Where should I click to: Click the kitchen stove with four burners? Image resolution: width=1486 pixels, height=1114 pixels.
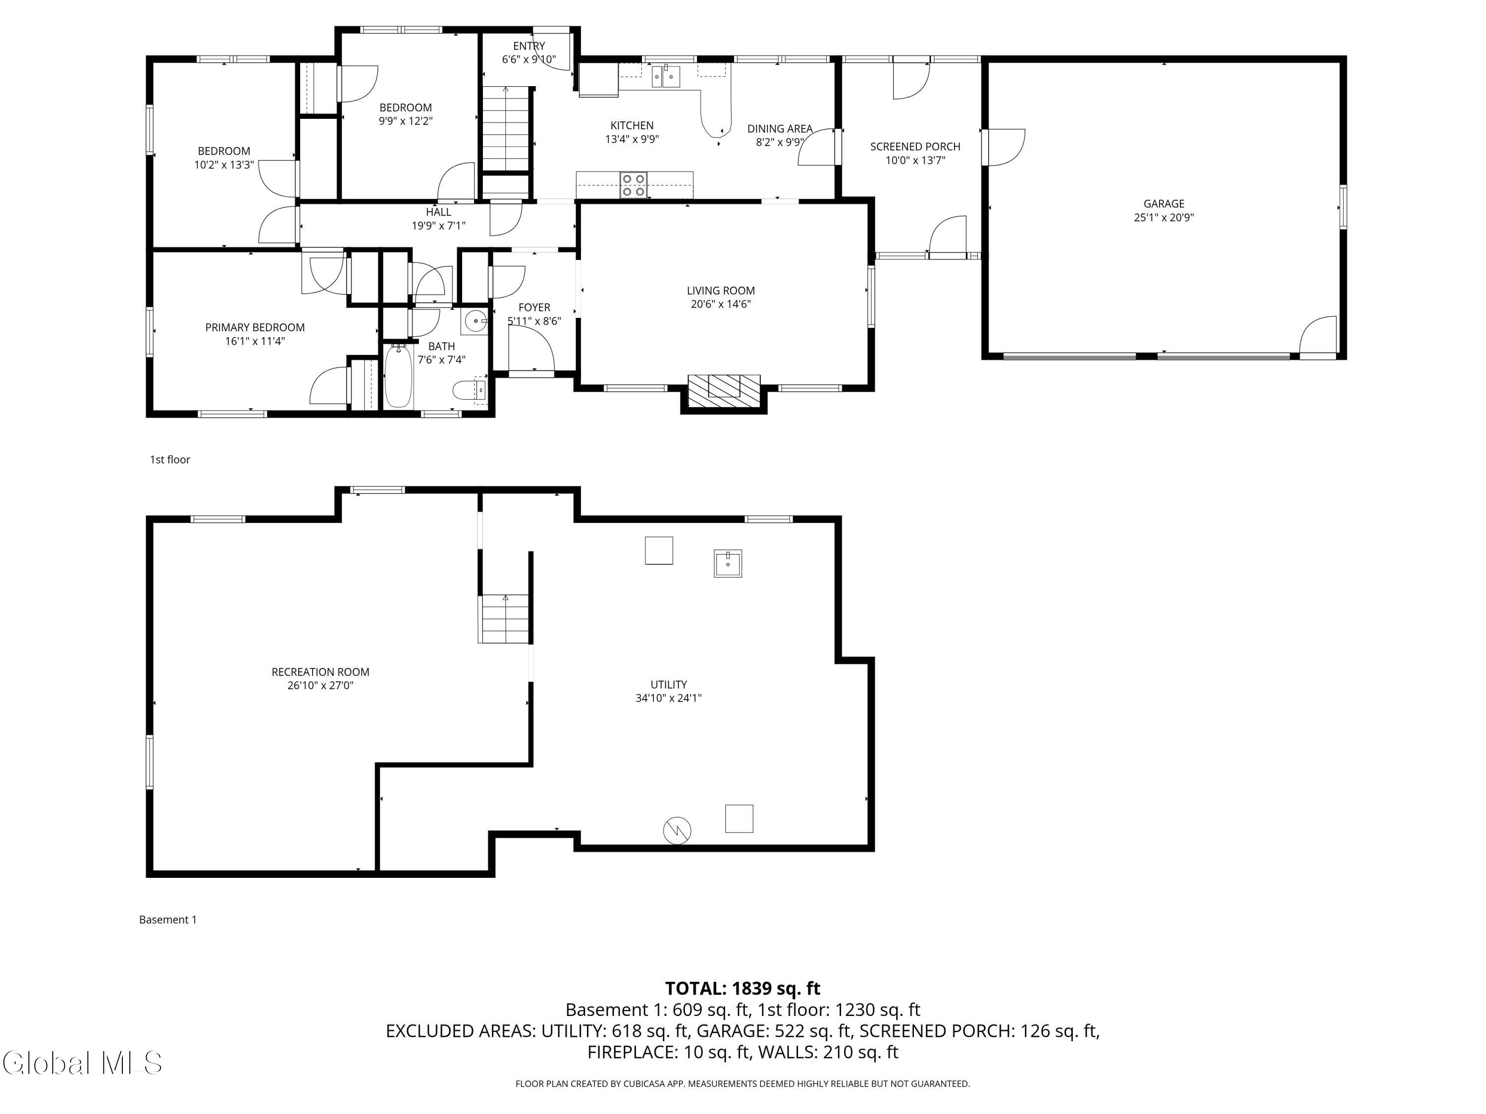coord(634,185)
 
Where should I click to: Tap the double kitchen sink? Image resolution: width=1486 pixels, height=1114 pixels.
coord(666,77)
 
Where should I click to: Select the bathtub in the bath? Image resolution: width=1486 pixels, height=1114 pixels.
coord(398,376)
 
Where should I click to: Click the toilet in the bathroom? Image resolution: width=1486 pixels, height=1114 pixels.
coord(470,390)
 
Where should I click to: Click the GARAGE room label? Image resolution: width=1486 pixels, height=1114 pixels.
coord(1164,203)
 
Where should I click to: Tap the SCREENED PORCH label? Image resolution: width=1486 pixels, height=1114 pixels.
coord(915,147)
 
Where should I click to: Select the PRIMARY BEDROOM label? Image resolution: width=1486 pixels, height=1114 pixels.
coord(255,327)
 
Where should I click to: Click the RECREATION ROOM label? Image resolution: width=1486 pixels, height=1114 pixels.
coord(320,671)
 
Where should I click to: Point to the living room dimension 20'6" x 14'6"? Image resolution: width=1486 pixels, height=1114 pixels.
coord(721,304)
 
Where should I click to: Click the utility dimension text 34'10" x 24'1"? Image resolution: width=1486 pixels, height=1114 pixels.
coord(668,698)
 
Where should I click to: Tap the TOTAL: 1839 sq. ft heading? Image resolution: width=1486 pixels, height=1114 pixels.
coord(743,988)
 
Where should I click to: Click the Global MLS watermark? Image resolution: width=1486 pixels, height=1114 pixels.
coord(82,1063)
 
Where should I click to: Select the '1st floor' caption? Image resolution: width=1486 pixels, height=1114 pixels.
coord(170,459)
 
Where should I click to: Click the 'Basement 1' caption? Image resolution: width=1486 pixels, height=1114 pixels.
coord(168,919)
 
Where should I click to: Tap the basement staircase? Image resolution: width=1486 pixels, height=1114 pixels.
coord(505,618)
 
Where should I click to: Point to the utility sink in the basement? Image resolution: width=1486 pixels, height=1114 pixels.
coord(728,563)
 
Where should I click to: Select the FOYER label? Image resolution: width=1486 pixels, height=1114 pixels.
coord(534,307)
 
